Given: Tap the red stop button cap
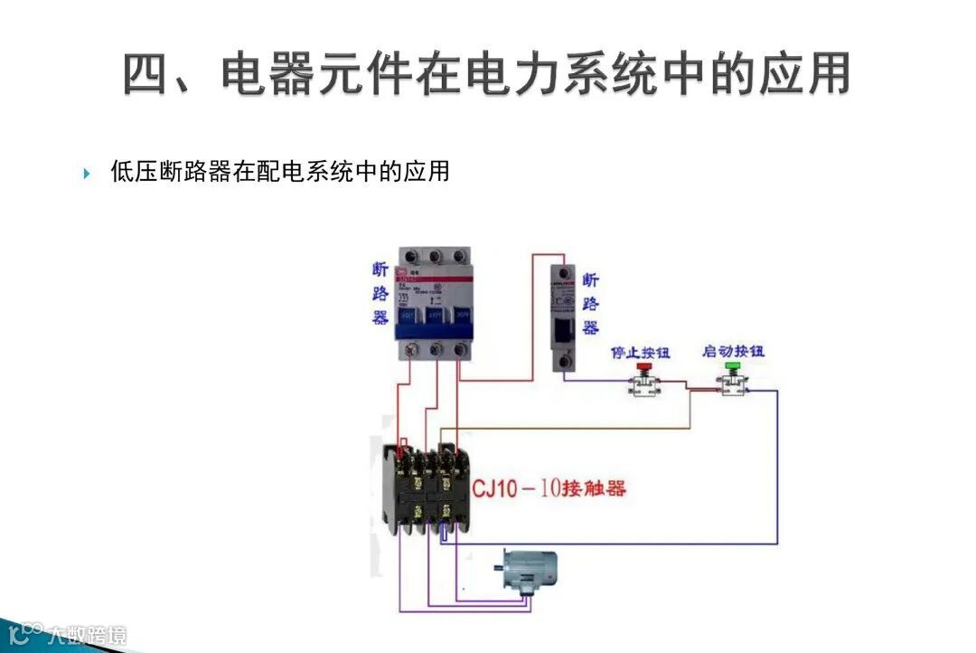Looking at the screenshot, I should click(x=643, y=367).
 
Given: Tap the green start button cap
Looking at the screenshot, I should click(x=732, y=366).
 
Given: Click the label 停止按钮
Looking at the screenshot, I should click(x=641, y=351).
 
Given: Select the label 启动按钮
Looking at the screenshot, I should click(x=733, y=351).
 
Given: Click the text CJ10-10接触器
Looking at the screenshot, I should click(x=549, y=489).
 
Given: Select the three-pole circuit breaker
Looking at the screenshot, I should click(x=436, y=303).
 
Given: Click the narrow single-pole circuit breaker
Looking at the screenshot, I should click(x=564, y=316).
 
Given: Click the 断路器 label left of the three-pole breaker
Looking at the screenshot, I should click(x=380, y=294).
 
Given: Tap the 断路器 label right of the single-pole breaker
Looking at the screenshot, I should click(x=590, y=304).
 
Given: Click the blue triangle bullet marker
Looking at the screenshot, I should click(x=88, y=173).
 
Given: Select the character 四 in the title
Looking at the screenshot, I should click(x=147, y=75).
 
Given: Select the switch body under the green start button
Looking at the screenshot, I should click(x=733, y=387).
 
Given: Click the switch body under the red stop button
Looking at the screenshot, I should click(x=643, y=388).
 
